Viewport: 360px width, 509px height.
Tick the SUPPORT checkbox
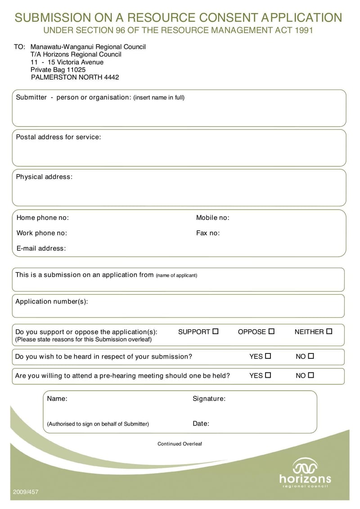point(216,331)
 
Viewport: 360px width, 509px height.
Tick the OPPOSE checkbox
point(271,331)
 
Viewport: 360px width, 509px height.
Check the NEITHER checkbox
point(329,331)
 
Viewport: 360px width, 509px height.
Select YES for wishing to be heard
point(268,356)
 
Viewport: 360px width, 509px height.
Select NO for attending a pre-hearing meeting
point(310,375)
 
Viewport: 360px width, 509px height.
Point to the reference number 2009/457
point(26,492)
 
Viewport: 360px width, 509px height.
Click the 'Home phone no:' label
point(43,218)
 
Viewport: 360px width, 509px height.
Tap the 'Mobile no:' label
point(212,218)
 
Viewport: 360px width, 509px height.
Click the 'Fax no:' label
point(208,233)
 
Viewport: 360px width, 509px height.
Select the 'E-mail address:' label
point(41,248)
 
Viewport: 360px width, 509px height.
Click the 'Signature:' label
point(209,398)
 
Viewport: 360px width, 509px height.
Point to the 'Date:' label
point(201,424)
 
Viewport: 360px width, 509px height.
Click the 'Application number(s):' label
point(52,301)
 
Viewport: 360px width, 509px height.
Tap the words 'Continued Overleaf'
point(180,444)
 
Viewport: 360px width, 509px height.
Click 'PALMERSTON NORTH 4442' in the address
point(75,77)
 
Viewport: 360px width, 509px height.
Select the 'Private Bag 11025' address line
point(58,70)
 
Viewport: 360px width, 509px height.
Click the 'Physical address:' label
point(44,177)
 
